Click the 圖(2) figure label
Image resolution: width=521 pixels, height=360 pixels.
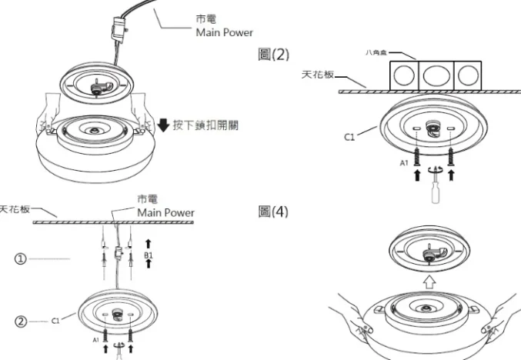[x=272, y=55]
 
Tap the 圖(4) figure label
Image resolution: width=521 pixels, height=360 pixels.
[x=272, y=211]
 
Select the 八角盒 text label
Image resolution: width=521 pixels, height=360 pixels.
[x=377, y=53]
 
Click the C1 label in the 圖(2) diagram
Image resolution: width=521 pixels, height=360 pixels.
[x=349, y=137]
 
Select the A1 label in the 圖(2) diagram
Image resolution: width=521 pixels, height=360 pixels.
[x=404, y=164]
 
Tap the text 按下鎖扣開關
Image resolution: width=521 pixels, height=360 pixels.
[x=205, y=125]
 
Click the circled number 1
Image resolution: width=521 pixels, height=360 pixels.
[x=21, y=259]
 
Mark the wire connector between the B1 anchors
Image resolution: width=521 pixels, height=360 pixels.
[x=118, y=252]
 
